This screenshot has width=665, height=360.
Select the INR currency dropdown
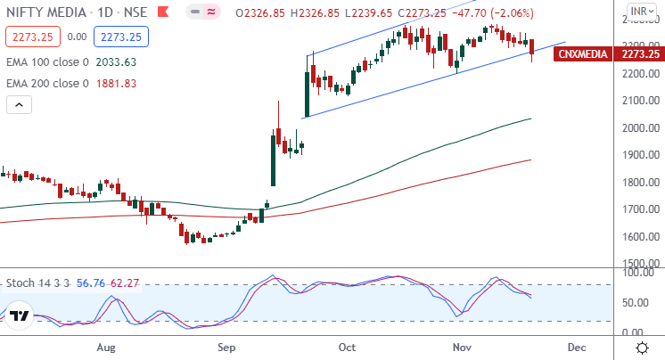[638, 12]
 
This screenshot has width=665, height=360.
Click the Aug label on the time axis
[106, 347]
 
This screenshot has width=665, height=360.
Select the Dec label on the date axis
[577, 347]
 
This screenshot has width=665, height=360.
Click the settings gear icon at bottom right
[641, 347]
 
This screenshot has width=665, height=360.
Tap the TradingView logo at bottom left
[21, 316]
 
